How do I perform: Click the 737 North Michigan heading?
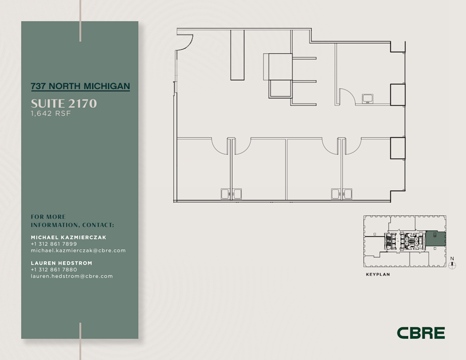pos(80,86)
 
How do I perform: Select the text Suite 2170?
pos(64,104)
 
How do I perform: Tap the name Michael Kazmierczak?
pos(68,237)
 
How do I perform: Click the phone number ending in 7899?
pos(54,244)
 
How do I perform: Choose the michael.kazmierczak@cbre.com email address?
pos(78,251)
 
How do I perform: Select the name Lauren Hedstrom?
pos(62,263)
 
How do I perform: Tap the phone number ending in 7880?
pos(54,270)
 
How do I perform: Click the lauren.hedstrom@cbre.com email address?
pos(72,277)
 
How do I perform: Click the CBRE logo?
pos(421,333)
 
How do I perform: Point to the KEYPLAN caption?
pos(377,275)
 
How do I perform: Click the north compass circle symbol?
pos(453,266)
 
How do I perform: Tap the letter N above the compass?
pos(452,258)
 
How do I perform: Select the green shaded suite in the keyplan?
pos(435,238)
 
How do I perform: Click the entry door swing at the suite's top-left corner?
pos(185,42)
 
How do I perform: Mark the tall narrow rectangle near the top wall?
pos(237,55)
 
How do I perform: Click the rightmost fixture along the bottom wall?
pos(347,194)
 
